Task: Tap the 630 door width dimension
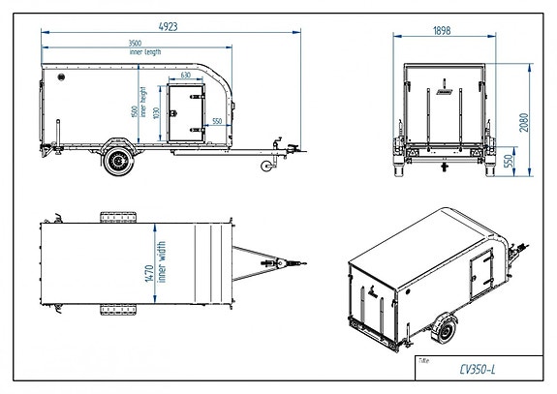184,75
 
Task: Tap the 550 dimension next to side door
217,120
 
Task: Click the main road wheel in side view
119,161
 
